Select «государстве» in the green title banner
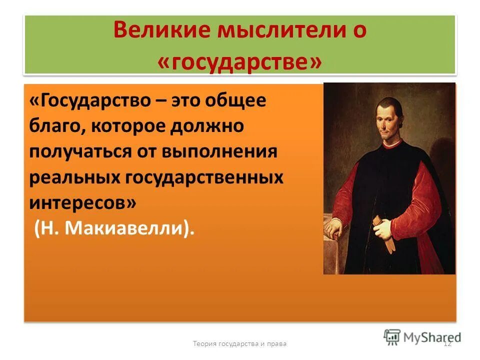(x=239, y=62)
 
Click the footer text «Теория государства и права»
(x=239, y=343)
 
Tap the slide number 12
(x=447, y=343)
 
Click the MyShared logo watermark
(x=422, y=337)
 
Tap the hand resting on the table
(x=335, y=228)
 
